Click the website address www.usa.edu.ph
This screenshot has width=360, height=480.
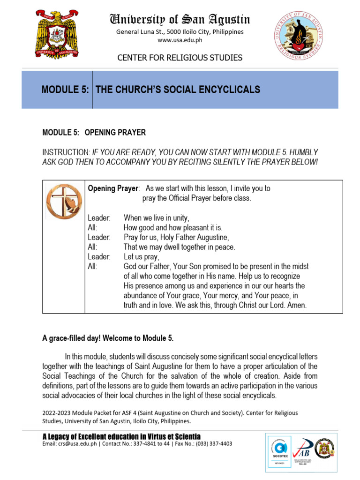pyautogui.click(x=180, y=40)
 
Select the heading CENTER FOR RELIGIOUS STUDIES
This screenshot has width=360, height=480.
pyautogui.click(x=180, y=58)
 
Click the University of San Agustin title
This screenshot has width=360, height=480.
pyautogui.click(x=180, y=19)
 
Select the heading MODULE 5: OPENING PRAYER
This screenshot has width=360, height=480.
pyautogui.click(x=94, y=133)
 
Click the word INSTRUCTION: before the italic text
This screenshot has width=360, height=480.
pyautogui.click(x=66, y=152)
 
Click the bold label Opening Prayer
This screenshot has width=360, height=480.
pyautogui.click(x=113, y=188)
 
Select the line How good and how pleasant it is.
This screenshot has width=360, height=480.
pyautogui.click(x=173, y=227)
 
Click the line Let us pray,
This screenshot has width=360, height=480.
pyautogui.click(x=142, y=257)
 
